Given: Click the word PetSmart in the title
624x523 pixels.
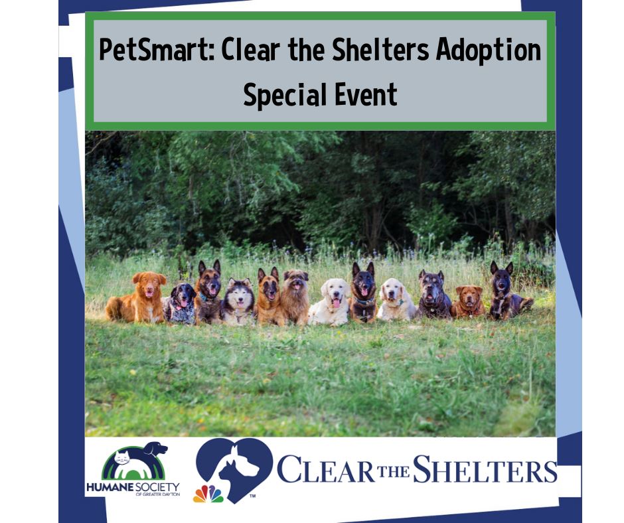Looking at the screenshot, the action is [x=157, y=50].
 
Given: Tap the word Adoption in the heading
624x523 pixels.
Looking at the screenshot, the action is [x=489, y=51].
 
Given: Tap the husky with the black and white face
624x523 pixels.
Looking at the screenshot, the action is [x=237, y=302].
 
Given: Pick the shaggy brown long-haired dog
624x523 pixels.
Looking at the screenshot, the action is [x=295, y=297].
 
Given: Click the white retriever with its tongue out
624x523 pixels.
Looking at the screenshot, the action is [x=331, y=303].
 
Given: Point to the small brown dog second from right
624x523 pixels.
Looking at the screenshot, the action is [x=468, y=301].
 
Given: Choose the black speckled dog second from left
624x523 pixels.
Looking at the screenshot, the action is [x=180, y=303].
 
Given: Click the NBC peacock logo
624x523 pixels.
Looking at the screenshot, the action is [x=208, y=494].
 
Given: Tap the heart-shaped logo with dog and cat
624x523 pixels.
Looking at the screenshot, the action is [x=234, y=468].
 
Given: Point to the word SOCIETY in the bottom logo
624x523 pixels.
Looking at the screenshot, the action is [x=157, y=487].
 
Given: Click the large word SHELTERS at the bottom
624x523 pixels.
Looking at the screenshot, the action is [x=485, y=470].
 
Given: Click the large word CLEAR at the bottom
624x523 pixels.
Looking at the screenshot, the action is [x=326, y=471].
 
